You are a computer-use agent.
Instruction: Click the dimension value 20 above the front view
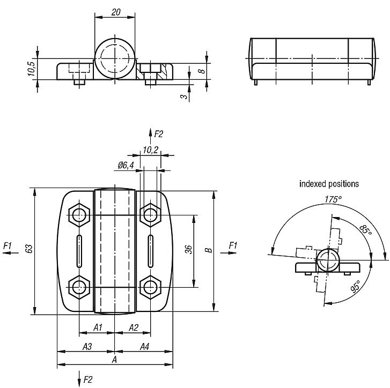tap(115, 11)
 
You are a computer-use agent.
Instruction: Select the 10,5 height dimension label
tap(31, 69)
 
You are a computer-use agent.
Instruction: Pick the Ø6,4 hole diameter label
tap(126, 166)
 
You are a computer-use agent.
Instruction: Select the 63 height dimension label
tap(29, 249)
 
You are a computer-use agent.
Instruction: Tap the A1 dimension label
tap(98, 327)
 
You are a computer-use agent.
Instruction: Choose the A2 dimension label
tap(134, 327)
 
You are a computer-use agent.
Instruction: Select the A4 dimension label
tap(144, 347)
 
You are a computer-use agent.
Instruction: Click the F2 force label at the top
tap(158, 133)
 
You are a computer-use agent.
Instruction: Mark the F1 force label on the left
tap(8, 245)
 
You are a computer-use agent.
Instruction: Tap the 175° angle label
tap(333, 199)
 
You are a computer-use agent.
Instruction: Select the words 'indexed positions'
tap(329, 184)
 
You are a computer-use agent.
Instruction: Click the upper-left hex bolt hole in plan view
tap(80, 215)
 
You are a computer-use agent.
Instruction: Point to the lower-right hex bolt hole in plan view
tap(149, 286)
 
